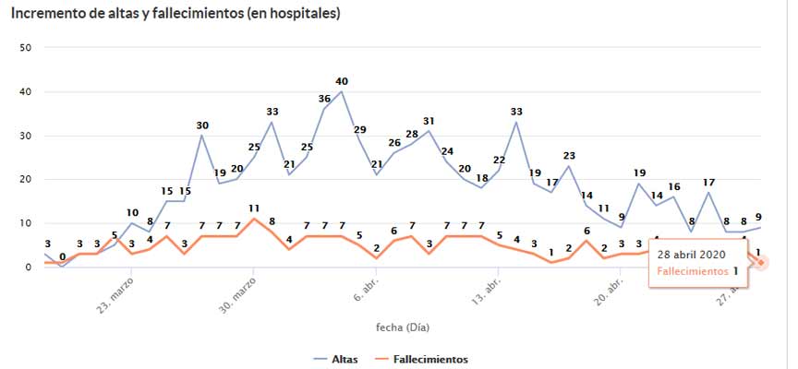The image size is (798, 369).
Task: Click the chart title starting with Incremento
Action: [175, 14]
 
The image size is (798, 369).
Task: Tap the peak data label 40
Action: [342, 81]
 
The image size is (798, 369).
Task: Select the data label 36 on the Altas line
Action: [324, 99]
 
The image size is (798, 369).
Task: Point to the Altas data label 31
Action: [429, 121]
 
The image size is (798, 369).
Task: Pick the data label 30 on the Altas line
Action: [202, 125]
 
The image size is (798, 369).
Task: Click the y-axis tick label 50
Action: [26, 47]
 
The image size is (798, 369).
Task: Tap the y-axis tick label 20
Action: [26, 179]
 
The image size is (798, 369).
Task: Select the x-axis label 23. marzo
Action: [116, 294]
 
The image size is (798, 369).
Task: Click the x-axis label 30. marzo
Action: [238, 294]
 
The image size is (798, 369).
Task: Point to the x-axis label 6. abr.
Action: [366, 291]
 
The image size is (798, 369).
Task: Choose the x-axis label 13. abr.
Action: [486, 292]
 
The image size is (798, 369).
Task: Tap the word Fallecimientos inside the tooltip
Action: [691, 271]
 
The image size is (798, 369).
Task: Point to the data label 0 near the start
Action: [62, 257]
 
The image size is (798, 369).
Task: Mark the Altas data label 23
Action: [569, 156]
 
